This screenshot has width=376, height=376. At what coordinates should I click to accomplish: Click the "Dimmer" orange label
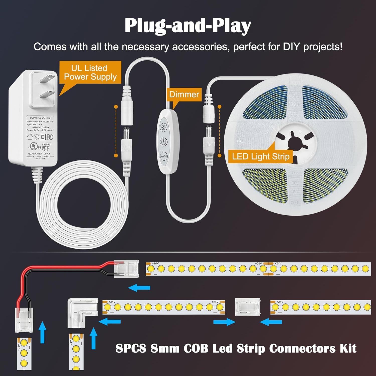click(x=184, y=94)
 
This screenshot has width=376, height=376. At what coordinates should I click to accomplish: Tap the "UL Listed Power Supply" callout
click(x=90, y=72)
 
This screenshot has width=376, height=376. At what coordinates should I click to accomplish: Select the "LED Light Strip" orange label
click(x=261, y=156)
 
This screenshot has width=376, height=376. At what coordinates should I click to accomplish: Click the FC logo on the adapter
click(x=50, y=137)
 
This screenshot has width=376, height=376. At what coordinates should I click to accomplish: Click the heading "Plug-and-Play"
click(x=188, y=26)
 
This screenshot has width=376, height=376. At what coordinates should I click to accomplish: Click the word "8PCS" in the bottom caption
click(x=131, y=348)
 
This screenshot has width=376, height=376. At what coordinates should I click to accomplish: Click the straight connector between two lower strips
click(x=247, y=307)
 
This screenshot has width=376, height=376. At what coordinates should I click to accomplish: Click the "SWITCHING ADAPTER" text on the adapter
click(x=40, y=118)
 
